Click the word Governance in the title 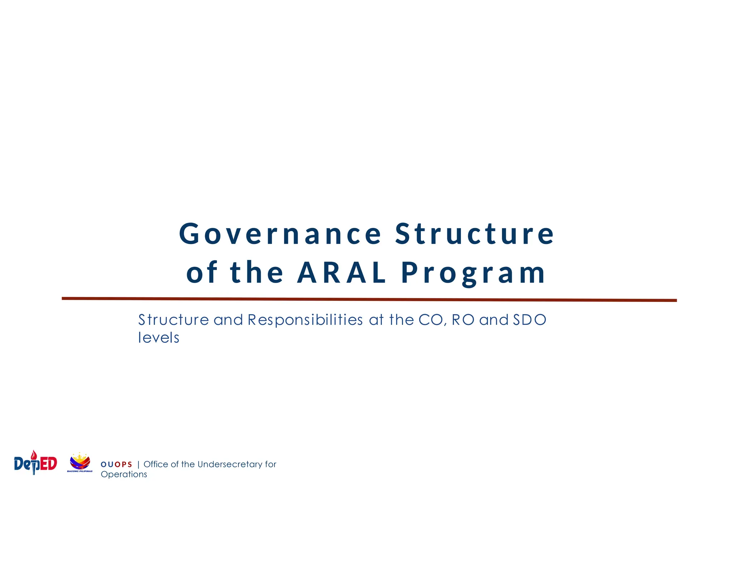[x=280, y=234]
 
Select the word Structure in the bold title [x=475, y=234]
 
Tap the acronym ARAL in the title [x=341, y=273]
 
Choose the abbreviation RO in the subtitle [x=463, y=320]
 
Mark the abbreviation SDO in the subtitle [x=529, y=320]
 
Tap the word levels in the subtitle [x=159, y=338]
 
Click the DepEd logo [x=35, y=463]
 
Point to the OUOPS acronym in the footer [x=116, y=464]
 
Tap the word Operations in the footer [x=124, y=474]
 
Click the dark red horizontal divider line [x=369, y=299]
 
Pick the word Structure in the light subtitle [x=174, y=320]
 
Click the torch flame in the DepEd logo [x=34, y=454]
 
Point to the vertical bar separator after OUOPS [x=139, y=464]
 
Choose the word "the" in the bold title [x=257, y=273]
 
